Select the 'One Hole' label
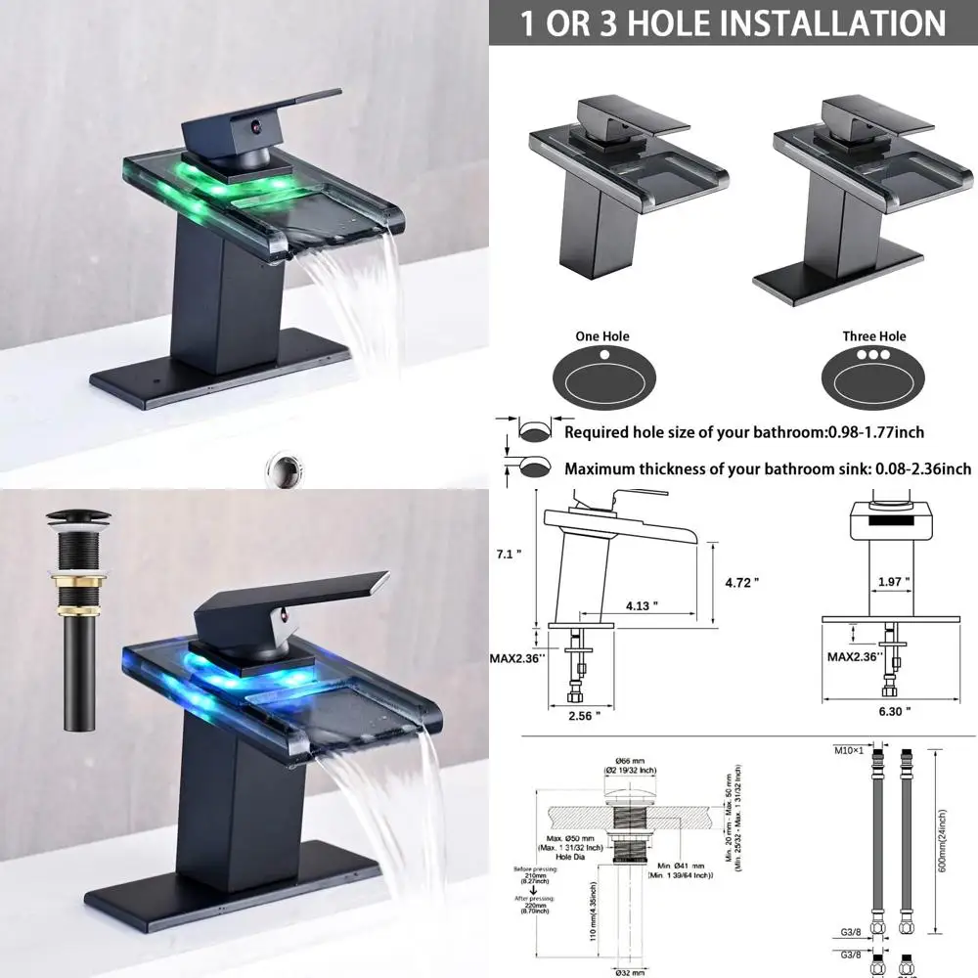[601, 336]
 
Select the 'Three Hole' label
[873, 336]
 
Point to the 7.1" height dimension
[510, 555]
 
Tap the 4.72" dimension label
[743, 582]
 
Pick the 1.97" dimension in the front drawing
[892, 582]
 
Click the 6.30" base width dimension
[894, 711]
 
